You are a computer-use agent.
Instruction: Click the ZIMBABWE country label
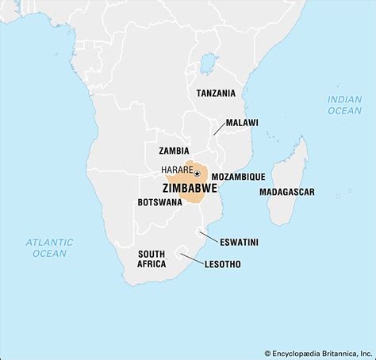point(189,188)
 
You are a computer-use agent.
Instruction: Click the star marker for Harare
point(197,173)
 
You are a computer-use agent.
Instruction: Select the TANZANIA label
point(216,93)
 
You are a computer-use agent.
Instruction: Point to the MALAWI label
point(241,123)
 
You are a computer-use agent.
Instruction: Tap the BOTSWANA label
point(159,202)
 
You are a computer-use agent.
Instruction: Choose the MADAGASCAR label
point(287,192)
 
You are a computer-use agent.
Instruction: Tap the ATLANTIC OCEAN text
point(49,247)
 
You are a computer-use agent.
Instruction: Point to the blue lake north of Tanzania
point(208,62)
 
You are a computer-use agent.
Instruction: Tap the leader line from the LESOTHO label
point(190,259)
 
